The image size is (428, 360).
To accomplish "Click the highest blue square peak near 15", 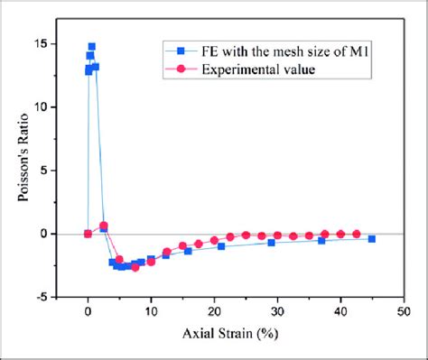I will [x=91, y=46].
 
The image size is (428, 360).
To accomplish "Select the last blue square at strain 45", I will [x=372, y=238].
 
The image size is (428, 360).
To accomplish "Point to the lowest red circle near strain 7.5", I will [x=135, y=267].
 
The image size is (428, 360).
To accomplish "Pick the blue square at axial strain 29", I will [x=271, y=243].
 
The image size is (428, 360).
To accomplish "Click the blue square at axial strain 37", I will [x=321, y=240].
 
